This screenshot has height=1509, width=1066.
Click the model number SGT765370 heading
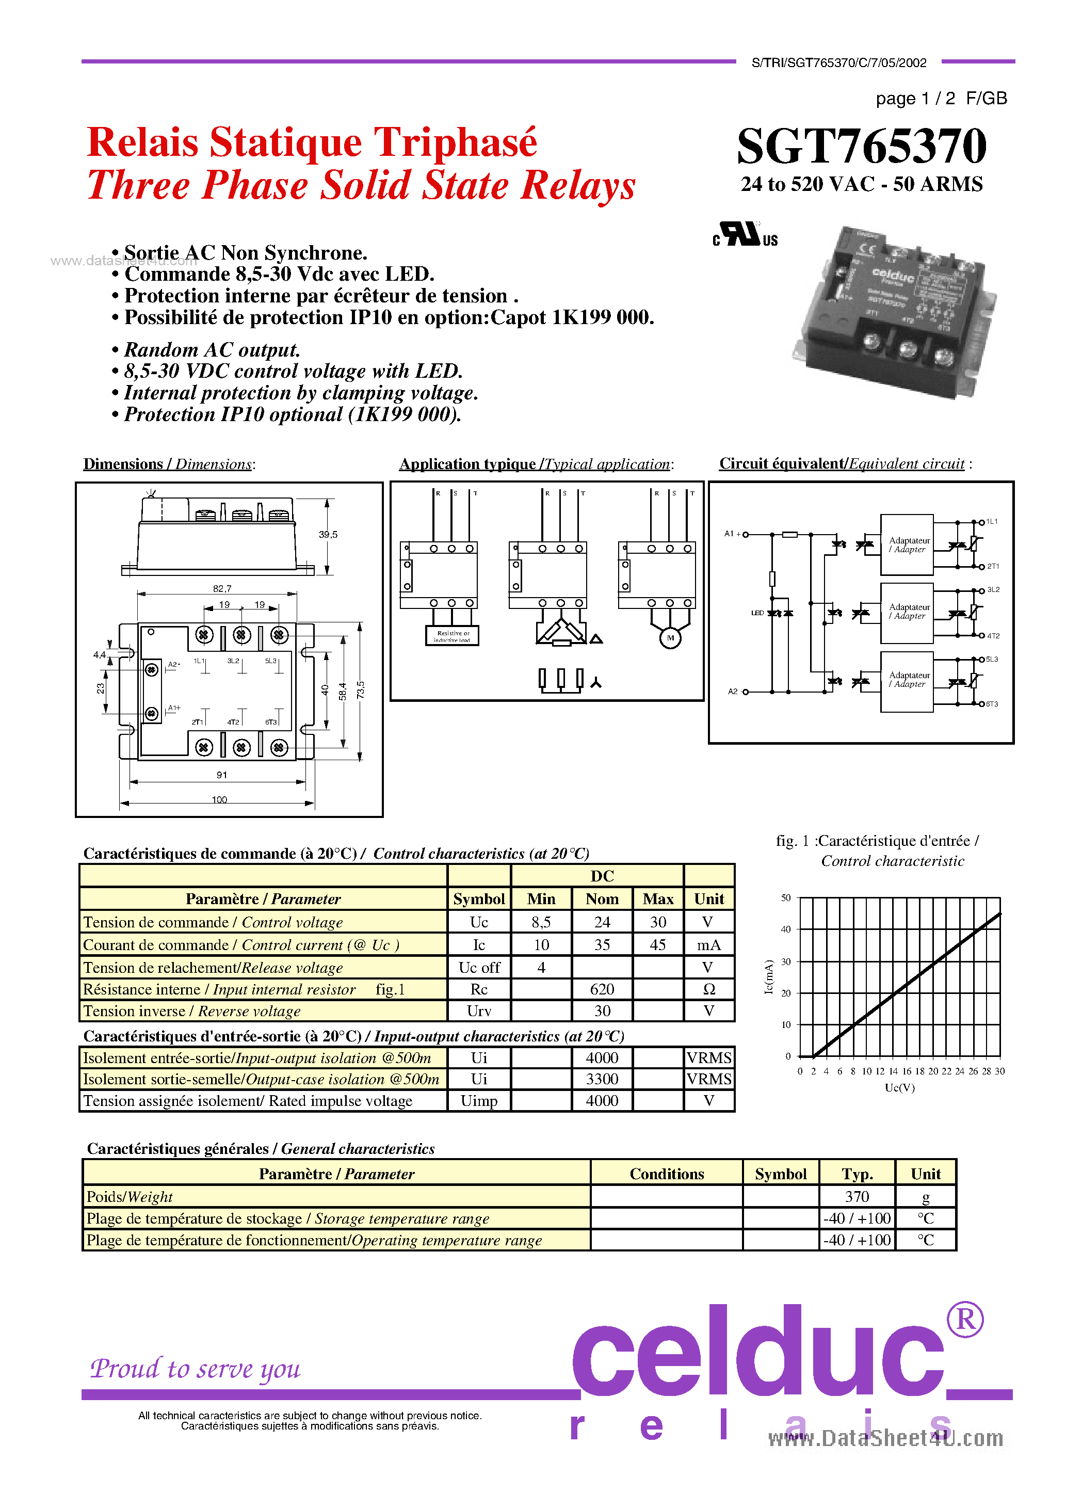pyautogui.click(x=861, y=146)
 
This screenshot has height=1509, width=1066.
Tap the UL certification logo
pyautogui.click(x=745, y=235)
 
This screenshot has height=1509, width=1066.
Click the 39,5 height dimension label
pyautogui.click(x=328, y=534)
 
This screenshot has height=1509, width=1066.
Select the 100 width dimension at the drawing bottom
pyautogui.click(x=219, y=799)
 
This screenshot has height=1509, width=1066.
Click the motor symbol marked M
pyautogui.click(x=670, y=637)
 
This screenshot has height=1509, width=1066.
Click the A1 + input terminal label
pyautogui.click(x=732, y=534)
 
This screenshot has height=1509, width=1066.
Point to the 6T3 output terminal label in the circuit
pyautogui.click(x=992, y=704)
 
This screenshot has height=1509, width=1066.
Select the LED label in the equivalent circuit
pyautogui.click(x=757, y=613)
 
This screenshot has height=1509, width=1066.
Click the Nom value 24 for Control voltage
pyautogui.click(x=602, y=922)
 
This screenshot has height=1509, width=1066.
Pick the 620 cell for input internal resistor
pyautogui.click(x=602, y=989)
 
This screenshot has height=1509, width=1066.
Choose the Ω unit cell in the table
pyautogui.click(x=709, y=989)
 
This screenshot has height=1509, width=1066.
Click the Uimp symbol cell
pyautogui.click(x=479, y=1101)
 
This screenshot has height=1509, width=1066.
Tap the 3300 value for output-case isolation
pyautogui.click(x=602, y=1079)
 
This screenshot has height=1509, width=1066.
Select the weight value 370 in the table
pyautogui.click(x=857, y=1197)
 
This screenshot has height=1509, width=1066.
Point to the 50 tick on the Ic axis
pyautogui.click(x=786, y=898)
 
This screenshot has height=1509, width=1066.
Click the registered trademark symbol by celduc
pyautogui.click(x=965, y=1319)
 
